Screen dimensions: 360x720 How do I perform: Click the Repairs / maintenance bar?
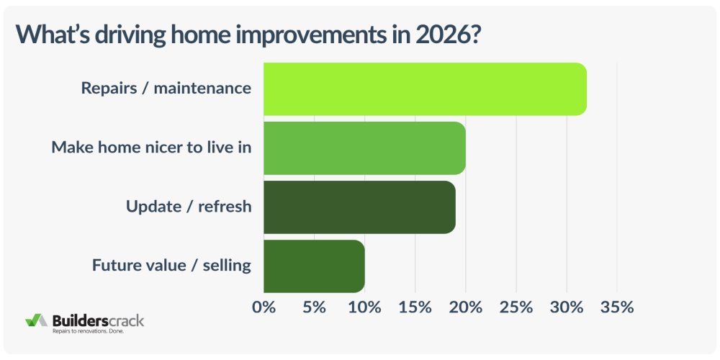(x=425, y=89)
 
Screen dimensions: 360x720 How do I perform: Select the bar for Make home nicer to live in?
(x=364, y=148)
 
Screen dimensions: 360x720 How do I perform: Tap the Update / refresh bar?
(x=359, y=207)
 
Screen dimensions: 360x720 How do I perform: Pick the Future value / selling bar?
(x=314, y=266)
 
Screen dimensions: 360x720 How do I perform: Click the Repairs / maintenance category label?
(x=166, y=89)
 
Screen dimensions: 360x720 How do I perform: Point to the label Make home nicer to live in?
(x=151, y=148)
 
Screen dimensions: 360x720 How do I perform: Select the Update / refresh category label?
(x=189, y=207)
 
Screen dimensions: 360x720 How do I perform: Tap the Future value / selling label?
(x=171, y=266)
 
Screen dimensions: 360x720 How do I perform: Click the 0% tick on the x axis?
(x=264, y=307)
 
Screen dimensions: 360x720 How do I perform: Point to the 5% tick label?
(x=315, y=307)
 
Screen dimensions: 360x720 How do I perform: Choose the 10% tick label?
(x=364, y=307)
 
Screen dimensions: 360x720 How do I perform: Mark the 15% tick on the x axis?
(x=415, y=307)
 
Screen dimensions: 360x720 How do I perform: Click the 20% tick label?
(x=465, y=307)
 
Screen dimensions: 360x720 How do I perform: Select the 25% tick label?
(x=516, y=307)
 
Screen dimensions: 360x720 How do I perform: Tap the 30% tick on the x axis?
(x=566, y=307)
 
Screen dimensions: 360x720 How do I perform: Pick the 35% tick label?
(x=616, y=307)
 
